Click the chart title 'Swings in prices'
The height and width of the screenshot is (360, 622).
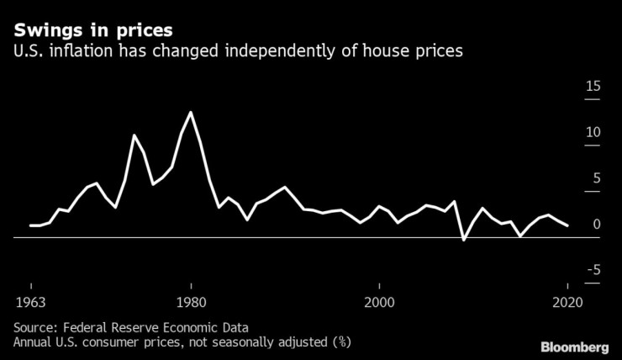[92, 30]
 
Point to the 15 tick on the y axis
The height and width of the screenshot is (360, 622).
[593, 87]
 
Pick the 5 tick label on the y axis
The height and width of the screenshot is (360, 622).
[597, 178]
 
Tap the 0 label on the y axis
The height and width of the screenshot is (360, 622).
[597, 225]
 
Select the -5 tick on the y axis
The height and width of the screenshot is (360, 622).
[593, 270]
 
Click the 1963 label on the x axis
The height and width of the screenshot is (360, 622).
[29, 303]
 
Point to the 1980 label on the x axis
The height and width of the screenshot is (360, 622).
[192, 303]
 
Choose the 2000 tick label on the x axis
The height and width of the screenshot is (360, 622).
[380, 303]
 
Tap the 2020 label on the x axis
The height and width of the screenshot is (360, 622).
[567, 303]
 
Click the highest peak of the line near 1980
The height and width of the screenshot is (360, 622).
[192, 112]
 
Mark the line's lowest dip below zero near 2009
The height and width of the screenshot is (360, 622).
[464, 241]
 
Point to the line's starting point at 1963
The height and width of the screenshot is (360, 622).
[30, 225]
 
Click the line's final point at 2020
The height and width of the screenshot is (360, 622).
[567, 225]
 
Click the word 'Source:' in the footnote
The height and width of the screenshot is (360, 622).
[36, 326]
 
